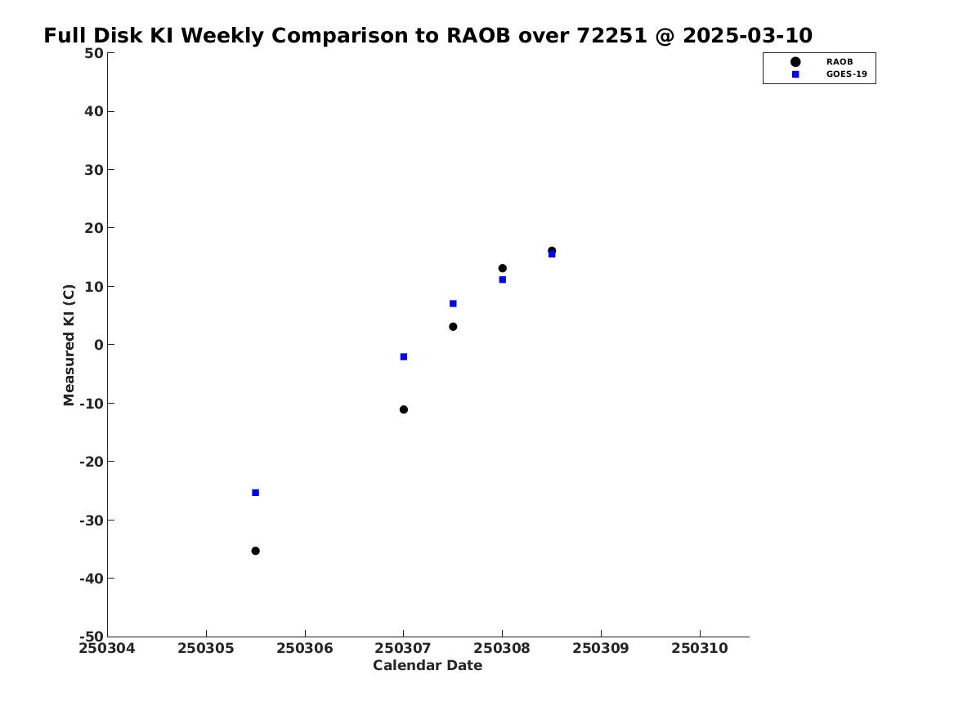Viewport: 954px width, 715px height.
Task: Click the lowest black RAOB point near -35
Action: coord(256,551)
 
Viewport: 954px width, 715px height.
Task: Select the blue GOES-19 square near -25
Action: coord(256,493)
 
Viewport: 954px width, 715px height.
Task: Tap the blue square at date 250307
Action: coord(403,357)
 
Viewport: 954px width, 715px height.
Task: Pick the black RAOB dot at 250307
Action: coord(403,409)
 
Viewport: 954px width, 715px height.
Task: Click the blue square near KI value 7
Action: coord(453,303)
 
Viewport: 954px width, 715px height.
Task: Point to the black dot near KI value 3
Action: coord(453,327)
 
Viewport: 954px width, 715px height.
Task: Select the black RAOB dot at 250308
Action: coord(503,268)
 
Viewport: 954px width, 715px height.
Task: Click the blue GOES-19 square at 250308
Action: coord(503,279)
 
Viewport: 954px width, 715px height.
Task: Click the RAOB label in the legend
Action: coord(840,62)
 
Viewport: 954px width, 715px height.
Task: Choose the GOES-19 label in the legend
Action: coord(846,74)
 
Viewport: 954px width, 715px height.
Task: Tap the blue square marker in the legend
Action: coord(795,74)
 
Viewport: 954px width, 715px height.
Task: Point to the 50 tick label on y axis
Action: coord(94,53)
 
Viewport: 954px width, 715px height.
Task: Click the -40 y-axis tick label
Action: coord(92,579)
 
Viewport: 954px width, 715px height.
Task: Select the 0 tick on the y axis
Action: coord(99,345)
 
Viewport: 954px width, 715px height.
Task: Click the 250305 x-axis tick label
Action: coord(206,648)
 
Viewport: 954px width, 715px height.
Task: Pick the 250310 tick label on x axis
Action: coord(700,648)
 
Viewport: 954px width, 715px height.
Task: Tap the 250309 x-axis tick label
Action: coord(601,648)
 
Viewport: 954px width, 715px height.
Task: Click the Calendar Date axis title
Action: coord(428,666)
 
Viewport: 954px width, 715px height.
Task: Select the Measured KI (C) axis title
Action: coord(69,345)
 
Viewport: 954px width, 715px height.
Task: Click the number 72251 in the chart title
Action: coord(611,36)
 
